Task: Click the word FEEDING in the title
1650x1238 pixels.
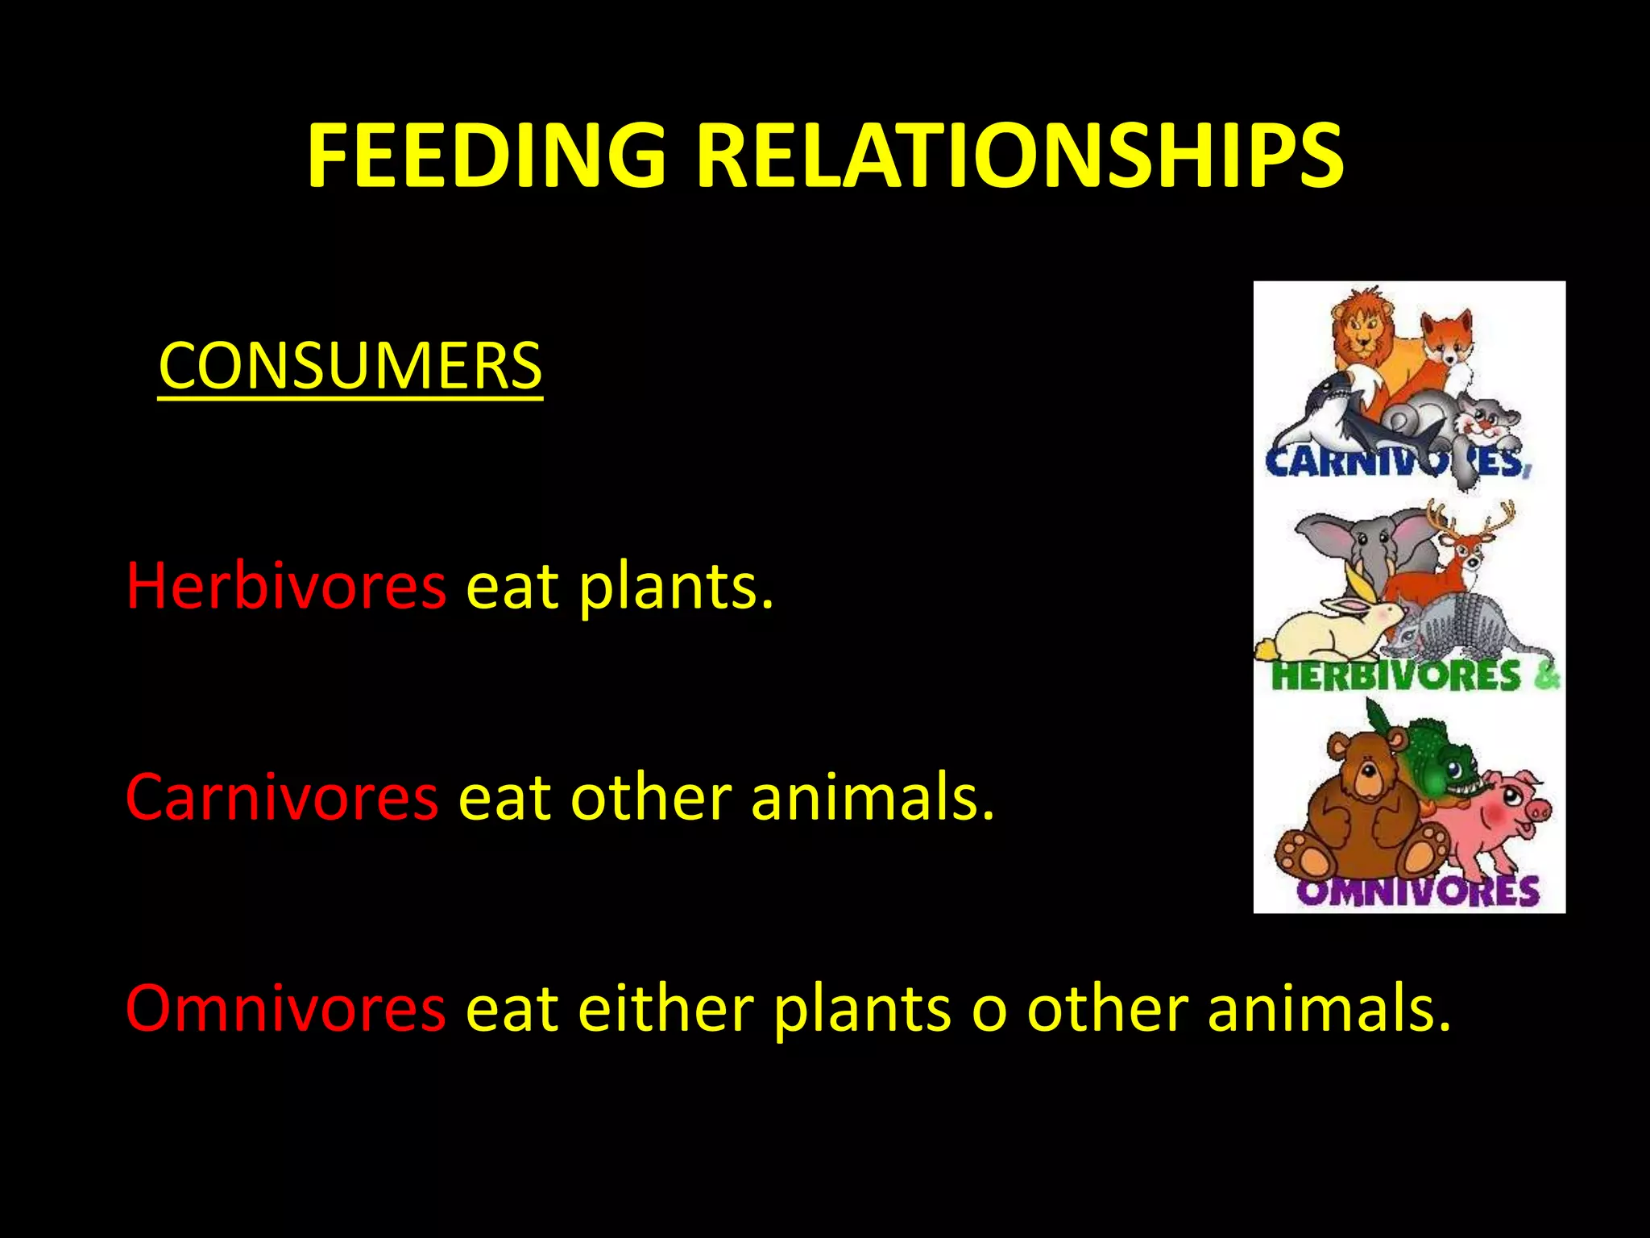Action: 486,156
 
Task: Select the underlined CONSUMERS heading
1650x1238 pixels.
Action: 350,366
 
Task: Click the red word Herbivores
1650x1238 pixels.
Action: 285,585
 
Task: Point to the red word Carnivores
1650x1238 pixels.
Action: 282,797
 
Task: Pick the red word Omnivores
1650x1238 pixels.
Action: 285,1008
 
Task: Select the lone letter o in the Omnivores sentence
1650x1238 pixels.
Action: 989,1012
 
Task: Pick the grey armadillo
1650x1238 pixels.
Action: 1466,629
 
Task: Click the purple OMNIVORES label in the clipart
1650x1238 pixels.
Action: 1418,891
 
